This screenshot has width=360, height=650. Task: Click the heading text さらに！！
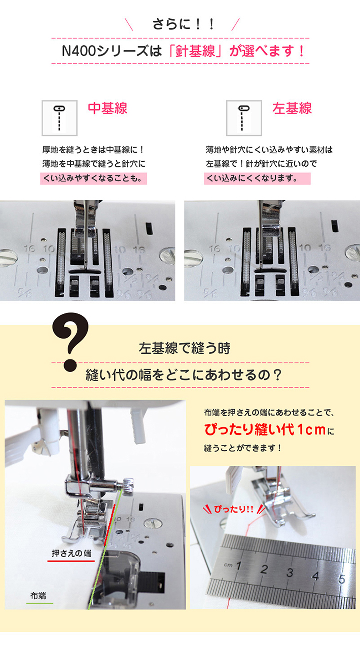(x=183, y=24)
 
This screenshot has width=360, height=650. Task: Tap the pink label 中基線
(x=108, y=108)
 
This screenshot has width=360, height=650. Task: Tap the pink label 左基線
(x=292, y=108)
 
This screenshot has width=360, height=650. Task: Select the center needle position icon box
(x=59, y=118)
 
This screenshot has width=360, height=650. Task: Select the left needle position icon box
(x=244, y=118)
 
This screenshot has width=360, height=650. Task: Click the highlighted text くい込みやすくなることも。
(x=93, y=178)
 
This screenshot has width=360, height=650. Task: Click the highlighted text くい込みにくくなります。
(x=257, y=178)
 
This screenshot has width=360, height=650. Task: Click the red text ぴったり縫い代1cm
(x=265, y=430)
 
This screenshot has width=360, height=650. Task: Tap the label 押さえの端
(x=71, y=553)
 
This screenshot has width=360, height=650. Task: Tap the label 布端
(x=38, y=596)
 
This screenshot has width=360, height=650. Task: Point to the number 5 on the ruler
(x=342, y=579)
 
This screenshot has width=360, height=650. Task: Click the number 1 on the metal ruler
(x=238, y=565)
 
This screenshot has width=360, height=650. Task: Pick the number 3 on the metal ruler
(x=290, y=572)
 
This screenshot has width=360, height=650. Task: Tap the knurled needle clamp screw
(x=128, y=484)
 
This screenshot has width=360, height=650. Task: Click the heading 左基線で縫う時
(x=184, y=348)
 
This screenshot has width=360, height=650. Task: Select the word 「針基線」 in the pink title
(x=195, y=51)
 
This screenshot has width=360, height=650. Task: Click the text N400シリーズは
(x=112, y=51)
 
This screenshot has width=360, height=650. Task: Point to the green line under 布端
(x=40, y=603)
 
